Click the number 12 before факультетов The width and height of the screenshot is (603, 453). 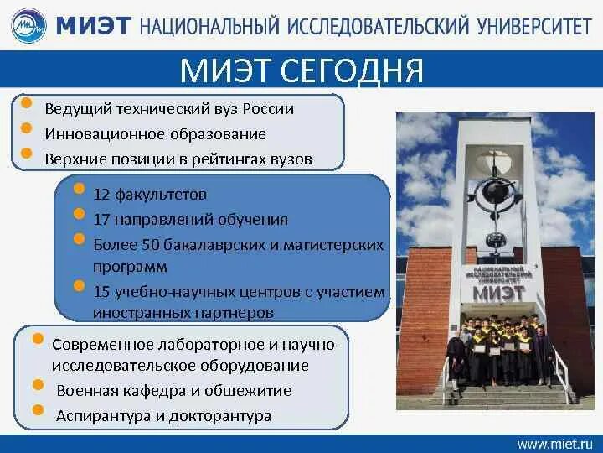pyautogui.click(x=101, y=194)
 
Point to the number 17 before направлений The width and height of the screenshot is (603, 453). pyautogui.click(x=101, y=220)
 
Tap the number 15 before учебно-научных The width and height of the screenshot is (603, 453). pyautogui.click(x=101, y=292)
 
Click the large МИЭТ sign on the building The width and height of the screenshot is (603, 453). pyautogui.click(x=499, y=294)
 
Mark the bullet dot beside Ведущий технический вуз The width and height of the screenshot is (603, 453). pyautogui.click(x=26, y=104)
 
